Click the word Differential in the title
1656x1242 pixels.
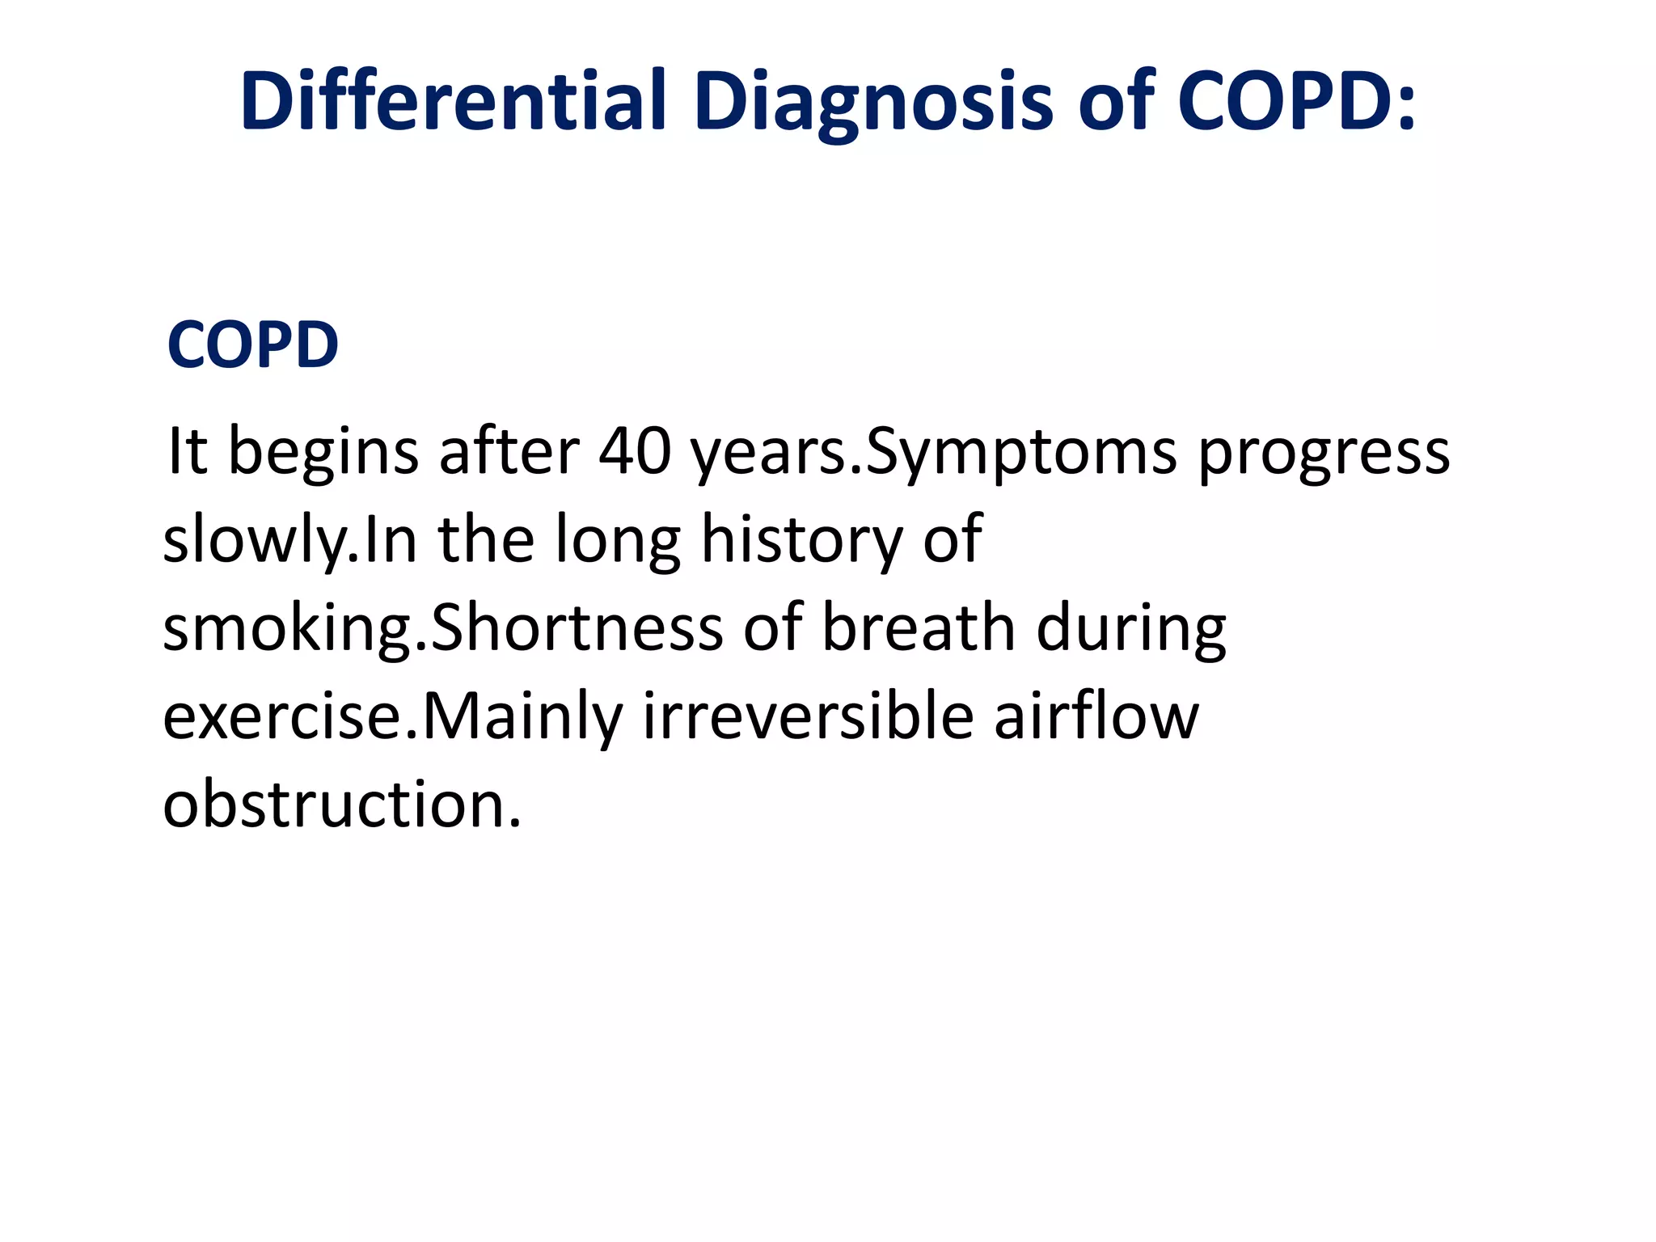pos(453,101)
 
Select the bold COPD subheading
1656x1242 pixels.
pos(252,344)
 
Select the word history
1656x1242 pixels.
pos(801,540)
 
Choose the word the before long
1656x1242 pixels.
pos(486,539)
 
